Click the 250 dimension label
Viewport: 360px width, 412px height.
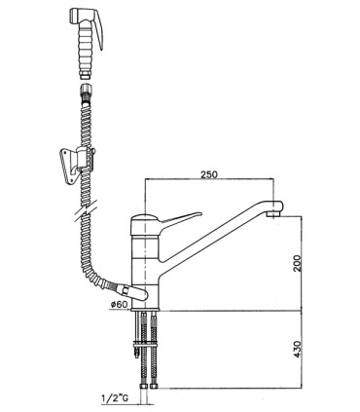pyautogui.click(x=209, y=174)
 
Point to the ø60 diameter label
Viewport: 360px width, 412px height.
pyautogui.click(x=120, y=305)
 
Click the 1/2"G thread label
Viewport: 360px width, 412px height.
pyautogui.click(x=115, y=398)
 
